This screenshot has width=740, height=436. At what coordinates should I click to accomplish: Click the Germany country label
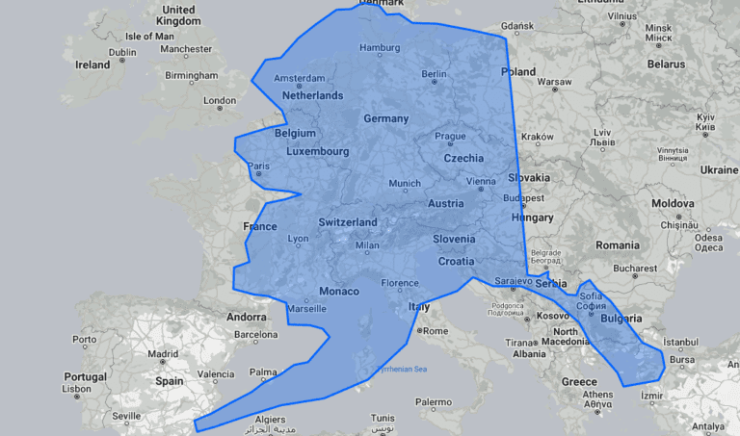point(386,118)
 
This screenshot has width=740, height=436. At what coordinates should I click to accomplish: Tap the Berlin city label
point(434,74)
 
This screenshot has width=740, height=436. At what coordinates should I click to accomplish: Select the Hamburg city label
point(379,48)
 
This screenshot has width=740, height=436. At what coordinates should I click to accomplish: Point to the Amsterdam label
point(299,79)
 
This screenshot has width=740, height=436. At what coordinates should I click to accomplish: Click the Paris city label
point(259,167)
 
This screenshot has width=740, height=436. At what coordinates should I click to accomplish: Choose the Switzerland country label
point(347,222)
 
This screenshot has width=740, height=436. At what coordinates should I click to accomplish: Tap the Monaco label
point(338,292)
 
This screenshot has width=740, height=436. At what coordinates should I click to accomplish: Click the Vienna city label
point(481,182)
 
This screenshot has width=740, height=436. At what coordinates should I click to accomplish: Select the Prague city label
point(449,137)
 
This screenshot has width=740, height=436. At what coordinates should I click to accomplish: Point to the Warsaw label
point(554,82)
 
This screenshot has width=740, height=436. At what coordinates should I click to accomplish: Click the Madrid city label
point(164,353)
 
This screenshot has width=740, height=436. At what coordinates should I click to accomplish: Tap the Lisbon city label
point(76,390)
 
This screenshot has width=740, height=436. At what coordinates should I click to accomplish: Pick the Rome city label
point(436,331)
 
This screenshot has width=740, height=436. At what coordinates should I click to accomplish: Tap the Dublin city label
point(122,53)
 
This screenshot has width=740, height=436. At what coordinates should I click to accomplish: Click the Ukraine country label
point(719,169)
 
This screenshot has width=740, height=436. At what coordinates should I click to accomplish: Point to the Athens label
point(597,395)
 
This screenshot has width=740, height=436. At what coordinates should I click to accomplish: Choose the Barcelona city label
point(255,335)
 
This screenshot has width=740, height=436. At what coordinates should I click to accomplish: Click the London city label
point(219,101)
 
